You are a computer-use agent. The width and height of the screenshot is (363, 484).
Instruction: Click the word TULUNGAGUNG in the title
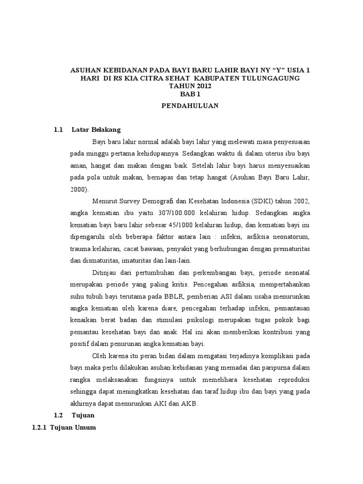266,78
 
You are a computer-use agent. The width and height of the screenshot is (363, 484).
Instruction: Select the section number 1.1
59,129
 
